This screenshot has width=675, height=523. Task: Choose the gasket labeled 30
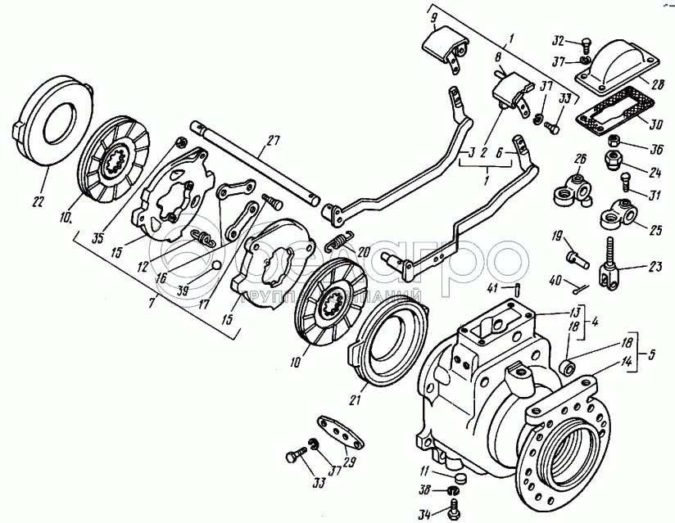click(x=611, y=115)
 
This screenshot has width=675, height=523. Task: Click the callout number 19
click(x=557, y=237)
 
